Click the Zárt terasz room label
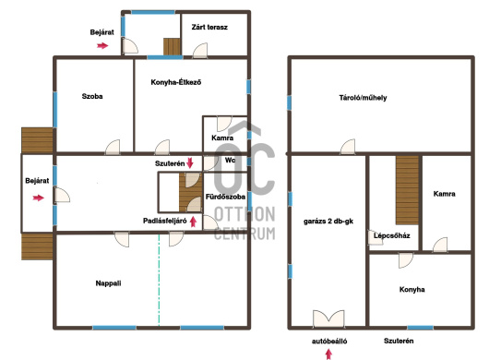[x=209, y=27]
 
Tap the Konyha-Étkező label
[x=176, y=82]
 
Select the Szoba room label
[x=92, y=96]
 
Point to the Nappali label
[x=108, y=283]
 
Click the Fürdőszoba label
[x=225, y=197]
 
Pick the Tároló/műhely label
[x=363, y=98]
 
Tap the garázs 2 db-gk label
[x=328, y=222]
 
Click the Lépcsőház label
[x=392, y=235]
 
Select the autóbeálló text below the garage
[x=329, y=341]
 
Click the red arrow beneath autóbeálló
[x=328, y=354]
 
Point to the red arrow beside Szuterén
[x=190, y=162]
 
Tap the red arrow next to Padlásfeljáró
[x=194, y=222]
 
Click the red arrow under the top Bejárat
[x=102, y=45]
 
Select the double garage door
[x=328, y=318]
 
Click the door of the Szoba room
[x=113, y=147]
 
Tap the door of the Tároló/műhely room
[x=348, y=147]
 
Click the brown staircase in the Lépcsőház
[x=407, y=190]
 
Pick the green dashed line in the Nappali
[x=159, y=280]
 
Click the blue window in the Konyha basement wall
[x=420, y=328]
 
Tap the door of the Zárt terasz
[x=200, y=51]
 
